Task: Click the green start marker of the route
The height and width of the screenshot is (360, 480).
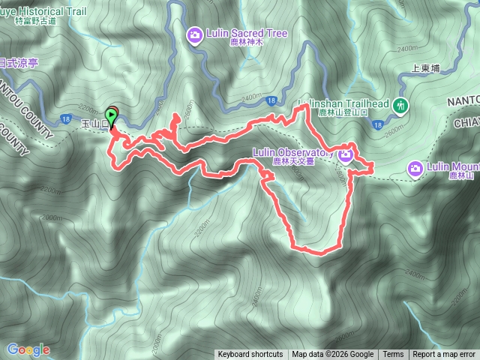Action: [x=112, y=116]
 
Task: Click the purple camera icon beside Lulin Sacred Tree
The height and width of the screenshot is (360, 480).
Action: [x=194, y=34]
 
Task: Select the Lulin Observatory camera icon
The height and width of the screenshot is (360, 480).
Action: [x=345, y=154]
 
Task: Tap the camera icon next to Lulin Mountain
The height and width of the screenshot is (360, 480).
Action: [x=415, y=167]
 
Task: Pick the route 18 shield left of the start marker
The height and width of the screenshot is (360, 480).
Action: [x=67, y=118]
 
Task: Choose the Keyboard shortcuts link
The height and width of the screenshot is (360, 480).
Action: [x=250, y=354]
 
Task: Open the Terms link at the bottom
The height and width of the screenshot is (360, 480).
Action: [x=393, y=354]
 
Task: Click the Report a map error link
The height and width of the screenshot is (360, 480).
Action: [x=444, y=354]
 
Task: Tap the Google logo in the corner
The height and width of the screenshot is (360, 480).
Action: [x=28, y=349]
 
